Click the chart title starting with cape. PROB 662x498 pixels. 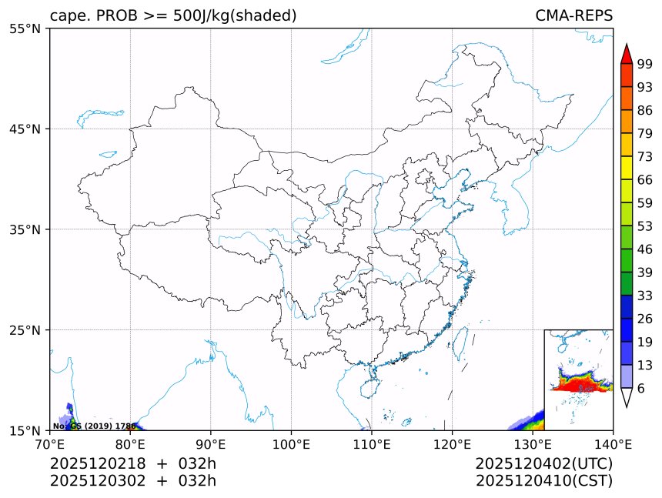[173, 16]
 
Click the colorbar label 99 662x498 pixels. [645, 65]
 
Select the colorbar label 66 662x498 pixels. [645, 179]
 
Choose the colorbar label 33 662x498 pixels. [645, 296]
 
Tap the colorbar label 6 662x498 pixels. [641, 389]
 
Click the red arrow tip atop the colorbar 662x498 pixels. [627, 51]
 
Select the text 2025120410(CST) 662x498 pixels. [543, 481]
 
